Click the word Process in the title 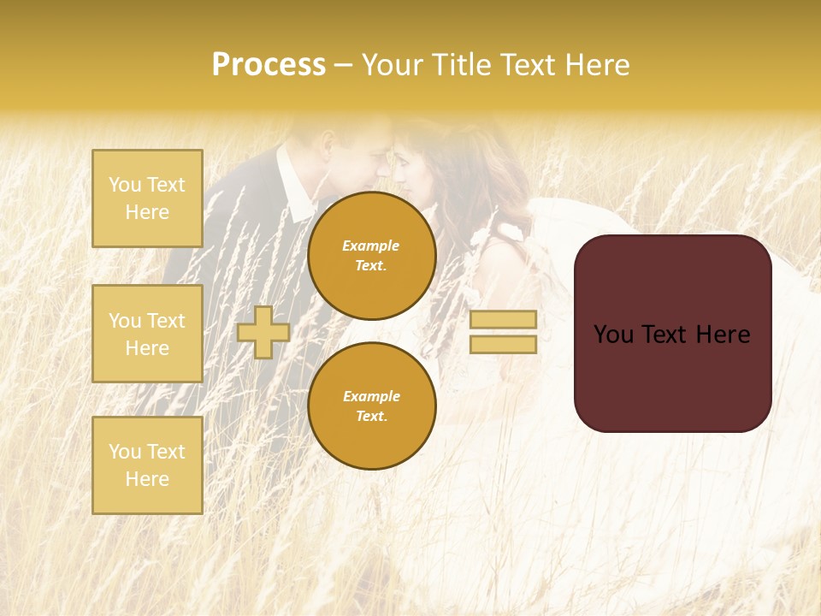269,65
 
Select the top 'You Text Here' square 147,198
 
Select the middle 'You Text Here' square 147,334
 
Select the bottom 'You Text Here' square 147,465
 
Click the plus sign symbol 263,332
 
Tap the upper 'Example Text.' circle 372,256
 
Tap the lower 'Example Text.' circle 372,406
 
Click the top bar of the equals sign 503,319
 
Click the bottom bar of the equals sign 503,344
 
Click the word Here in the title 594,65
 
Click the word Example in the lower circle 371,396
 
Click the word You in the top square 125,185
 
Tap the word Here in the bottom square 147,479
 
